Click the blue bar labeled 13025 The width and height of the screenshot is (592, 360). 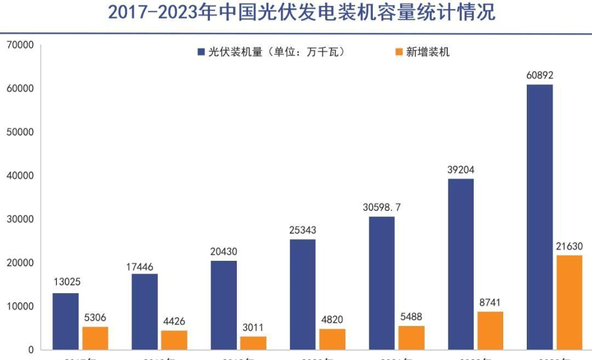pyautogui.click(x=65, y=321)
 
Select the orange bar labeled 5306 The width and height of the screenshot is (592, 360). pyautogui.click(x=95, y=338)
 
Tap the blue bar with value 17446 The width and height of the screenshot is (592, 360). pyautogui.click(x=145, y=311)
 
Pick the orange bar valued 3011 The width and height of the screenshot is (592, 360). pyautogui.click(x=253, y=343)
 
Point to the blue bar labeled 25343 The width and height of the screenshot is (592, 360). pyautogui.click(x=303, y=294)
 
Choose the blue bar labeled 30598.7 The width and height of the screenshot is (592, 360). pyautogui.click(x=382, y=283)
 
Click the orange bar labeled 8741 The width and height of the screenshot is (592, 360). pyautogui.click(x=490, y=330)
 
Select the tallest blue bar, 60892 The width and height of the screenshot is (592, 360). pyautogui.click(x=539, y=217)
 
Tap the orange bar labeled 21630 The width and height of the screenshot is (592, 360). pyautogui.click(x=569, y=302)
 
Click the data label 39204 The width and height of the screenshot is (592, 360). pyautogui.click(x=460, y=170)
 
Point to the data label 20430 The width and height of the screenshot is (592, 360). pyautogui.click(x=224, y=252)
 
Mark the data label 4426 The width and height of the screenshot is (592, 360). pyautogui.click(x=174, y=322)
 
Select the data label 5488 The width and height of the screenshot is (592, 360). pyautogui.click(x=411, y=317)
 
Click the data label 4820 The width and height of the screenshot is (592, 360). pyautogui.click(x=332, y=320)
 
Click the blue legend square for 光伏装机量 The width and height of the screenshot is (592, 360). pyautogui.click(x=201, y=52)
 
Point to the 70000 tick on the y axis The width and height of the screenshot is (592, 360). pyautogui.click(x=20, y=45)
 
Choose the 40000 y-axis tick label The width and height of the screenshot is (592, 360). pyautogui.click(x=20, y=175)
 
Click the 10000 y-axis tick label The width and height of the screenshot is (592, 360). pyautogui.click(x=20, y=306)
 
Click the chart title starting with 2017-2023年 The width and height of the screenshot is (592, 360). pyautogui.click(x=301, y=12)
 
